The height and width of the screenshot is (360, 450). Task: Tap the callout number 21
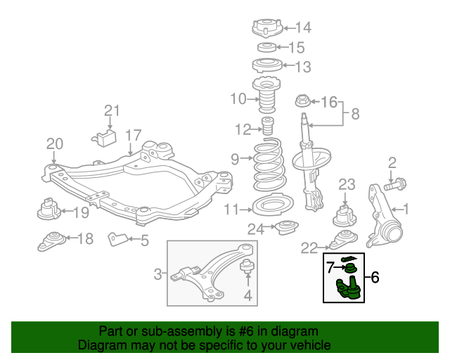point(112,110)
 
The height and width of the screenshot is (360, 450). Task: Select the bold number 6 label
point(374,278)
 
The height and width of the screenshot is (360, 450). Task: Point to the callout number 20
point(55,144)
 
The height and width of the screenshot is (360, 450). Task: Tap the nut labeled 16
point(301,101)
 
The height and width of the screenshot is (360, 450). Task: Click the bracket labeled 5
point(116,240)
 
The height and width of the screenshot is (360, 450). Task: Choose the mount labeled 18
point(51,240)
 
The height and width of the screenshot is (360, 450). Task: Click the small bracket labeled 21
point(105,136)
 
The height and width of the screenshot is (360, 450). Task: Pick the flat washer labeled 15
point(266,48)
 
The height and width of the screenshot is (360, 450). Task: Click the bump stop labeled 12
point(267,129)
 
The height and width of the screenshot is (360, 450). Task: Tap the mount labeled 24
point(285,229)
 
